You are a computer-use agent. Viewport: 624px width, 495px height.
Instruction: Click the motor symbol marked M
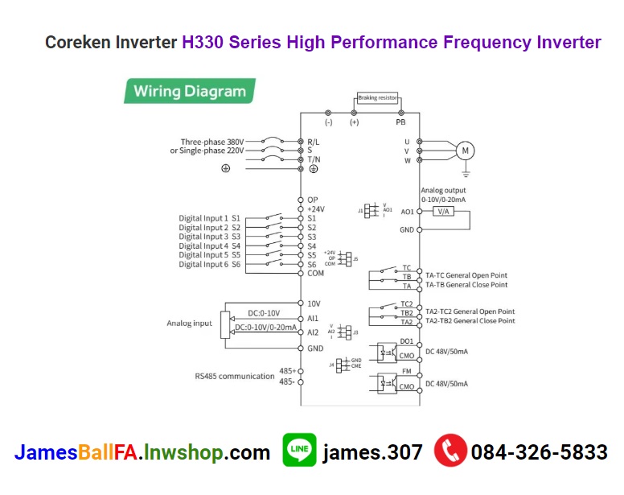466,150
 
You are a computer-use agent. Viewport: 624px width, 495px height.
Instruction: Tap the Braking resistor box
377,97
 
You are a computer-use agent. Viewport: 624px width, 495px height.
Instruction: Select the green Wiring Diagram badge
190,91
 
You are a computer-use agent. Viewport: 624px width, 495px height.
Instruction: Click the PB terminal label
400,123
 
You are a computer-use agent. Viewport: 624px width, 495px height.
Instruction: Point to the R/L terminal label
314,141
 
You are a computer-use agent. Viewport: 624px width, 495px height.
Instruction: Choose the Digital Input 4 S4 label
210,245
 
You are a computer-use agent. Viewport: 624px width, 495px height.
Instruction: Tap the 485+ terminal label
287,371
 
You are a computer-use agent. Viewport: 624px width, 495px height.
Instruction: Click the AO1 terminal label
407,212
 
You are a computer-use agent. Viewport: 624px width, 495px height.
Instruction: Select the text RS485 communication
235,375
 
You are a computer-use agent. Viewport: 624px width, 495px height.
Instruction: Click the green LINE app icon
299,452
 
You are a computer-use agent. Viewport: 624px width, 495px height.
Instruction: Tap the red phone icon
450,452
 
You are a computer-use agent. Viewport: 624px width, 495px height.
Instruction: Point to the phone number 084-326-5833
539,452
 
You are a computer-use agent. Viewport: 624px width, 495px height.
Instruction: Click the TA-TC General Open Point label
466,275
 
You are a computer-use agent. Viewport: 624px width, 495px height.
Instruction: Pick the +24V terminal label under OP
316,208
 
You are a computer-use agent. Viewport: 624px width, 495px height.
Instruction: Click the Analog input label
190,323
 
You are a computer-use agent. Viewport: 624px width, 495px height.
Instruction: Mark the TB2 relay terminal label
407,313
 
